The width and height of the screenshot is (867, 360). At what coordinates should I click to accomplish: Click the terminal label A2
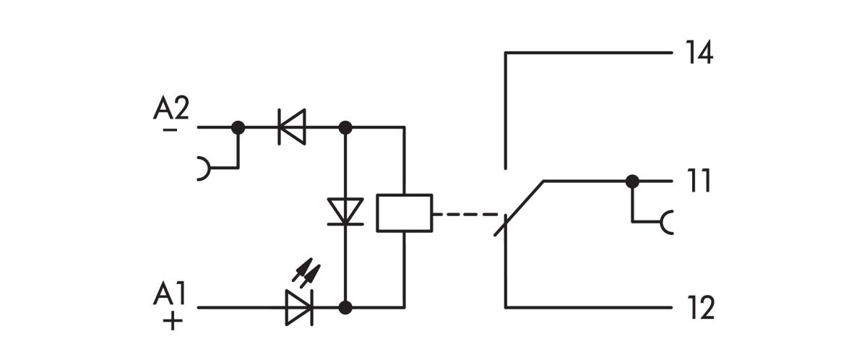[171, 108]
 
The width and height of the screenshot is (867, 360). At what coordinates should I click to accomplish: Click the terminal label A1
[171, 295]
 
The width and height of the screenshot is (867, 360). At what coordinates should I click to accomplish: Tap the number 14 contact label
[698, 53]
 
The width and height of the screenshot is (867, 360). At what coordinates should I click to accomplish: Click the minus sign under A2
[171, 129]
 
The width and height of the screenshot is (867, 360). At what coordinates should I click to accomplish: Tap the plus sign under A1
[171, 320]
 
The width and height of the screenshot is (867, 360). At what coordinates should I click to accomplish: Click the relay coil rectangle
[405, 213]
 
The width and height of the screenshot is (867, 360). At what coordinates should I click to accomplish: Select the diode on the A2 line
[292, 128]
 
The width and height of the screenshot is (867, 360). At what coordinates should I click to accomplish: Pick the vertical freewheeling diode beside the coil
[345, 212]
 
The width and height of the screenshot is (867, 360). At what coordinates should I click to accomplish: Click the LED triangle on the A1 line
[298, 307]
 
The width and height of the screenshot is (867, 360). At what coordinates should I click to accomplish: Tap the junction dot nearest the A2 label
[238, 128]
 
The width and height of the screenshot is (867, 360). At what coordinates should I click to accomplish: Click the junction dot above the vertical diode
[345, 128]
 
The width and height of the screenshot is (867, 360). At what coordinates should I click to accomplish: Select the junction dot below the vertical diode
[345, 307]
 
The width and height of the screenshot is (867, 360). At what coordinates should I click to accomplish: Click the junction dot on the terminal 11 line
[632, 181]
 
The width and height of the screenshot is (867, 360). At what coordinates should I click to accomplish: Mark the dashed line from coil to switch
[466, 215]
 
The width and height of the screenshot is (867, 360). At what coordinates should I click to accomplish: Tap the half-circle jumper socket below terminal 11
[667, 222]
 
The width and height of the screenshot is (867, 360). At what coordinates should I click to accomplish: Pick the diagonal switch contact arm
[522, 206]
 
